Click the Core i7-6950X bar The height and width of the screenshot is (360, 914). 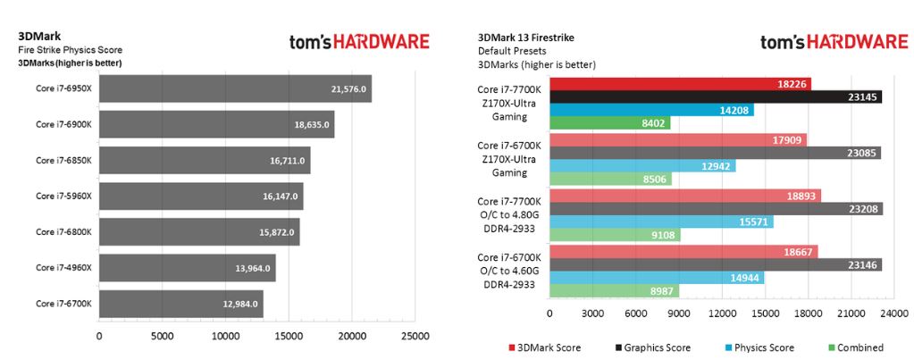234,88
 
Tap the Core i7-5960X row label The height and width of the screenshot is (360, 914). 63,196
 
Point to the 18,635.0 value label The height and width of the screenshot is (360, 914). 312,125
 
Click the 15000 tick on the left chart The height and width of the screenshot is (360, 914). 289,337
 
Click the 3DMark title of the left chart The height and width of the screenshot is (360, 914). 34,37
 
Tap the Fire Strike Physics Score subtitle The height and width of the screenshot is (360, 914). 70,50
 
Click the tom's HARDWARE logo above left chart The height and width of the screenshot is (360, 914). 359,42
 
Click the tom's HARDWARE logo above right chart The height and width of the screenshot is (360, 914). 834,42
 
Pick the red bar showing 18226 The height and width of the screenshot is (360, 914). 680,83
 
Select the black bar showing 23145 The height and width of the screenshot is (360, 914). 715,96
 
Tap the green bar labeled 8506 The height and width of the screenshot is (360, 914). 609,180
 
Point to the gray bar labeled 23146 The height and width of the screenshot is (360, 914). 715,264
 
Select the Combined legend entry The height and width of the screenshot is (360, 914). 859,347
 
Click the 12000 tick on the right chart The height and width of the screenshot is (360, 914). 722,314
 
